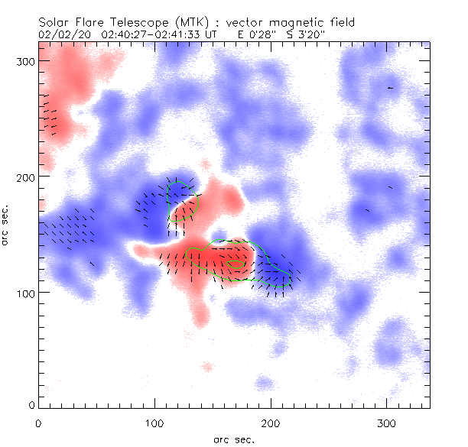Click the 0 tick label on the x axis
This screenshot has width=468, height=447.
pos(38,422)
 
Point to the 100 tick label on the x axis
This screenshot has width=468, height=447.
pos(154,422)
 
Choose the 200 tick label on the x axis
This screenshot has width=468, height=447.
pos(270,422)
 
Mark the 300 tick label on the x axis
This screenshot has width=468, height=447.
pos(386,422)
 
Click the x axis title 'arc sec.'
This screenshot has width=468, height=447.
pos(234,439)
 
